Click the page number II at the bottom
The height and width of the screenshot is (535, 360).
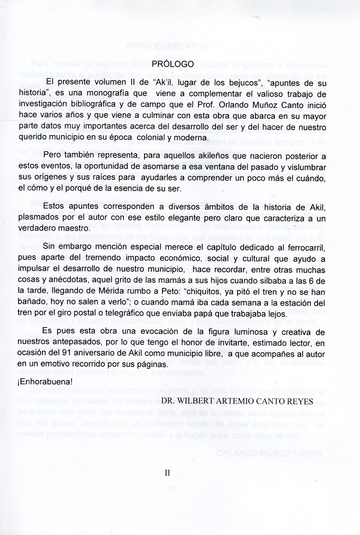pyautogui.click(x=167, y=473)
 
